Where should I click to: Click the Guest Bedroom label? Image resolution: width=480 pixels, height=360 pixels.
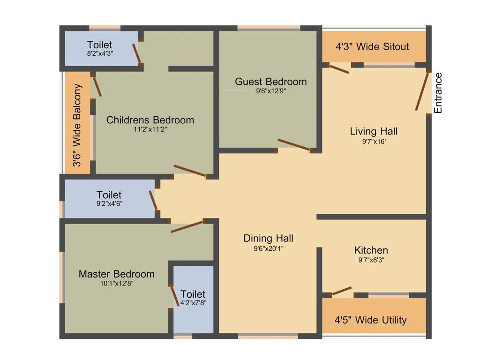coord(271,82)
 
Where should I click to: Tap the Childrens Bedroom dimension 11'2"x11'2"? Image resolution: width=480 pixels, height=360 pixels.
coord(150,129)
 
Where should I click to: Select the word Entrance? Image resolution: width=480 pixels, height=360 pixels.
coord(438,93)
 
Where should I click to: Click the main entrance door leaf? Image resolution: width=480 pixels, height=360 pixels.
coord(422,91)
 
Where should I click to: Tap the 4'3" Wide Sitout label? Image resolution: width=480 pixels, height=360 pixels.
coord(372,47)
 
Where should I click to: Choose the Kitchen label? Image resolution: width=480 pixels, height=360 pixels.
coord(371,250)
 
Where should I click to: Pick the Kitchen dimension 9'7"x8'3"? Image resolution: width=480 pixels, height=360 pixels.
coord(371,260)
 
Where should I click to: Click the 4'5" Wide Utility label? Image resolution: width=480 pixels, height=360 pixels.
coord(370,320)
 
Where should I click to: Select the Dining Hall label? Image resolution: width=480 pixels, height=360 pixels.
coord(268,239)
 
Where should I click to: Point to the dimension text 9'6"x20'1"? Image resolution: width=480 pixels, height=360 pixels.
coord(268,248)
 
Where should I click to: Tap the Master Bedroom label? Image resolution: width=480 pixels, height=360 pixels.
coord(116,274)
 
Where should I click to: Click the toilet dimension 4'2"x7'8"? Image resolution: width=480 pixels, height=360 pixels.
coord(193,303)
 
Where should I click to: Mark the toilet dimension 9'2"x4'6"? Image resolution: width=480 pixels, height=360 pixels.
coord(109,203)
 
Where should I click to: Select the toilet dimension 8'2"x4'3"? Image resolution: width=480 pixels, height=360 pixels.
coord(99,53)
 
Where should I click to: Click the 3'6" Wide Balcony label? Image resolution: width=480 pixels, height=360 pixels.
coord(77,125)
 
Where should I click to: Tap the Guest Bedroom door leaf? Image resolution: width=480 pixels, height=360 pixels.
coord(293,145)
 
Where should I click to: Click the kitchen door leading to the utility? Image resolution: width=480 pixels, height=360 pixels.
coord(342,291)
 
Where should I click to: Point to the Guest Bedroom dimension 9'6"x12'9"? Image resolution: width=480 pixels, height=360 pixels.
coord(271,91)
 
